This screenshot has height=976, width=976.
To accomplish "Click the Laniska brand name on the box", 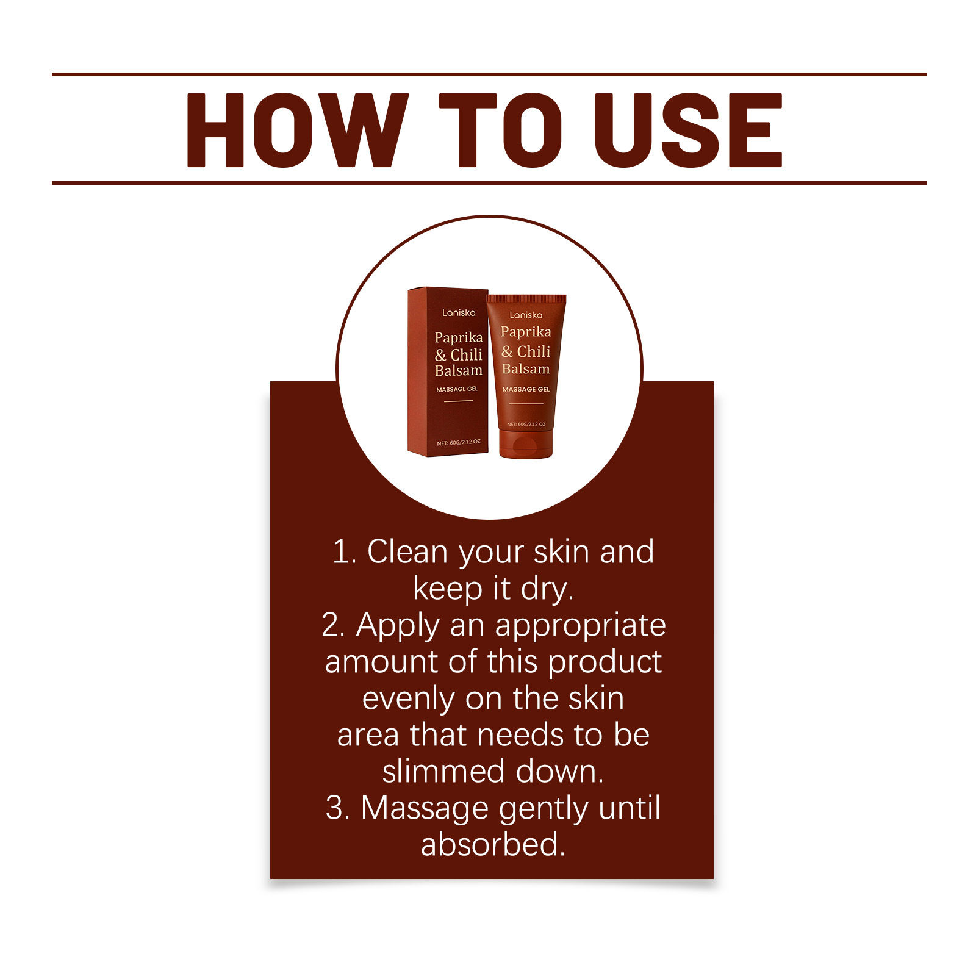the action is coord(459,312).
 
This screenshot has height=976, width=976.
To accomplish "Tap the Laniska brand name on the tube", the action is coord(526,315).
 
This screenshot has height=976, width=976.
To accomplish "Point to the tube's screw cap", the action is coord(526,444).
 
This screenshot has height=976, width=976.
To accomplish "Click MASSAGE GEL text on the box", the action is coord(457,389).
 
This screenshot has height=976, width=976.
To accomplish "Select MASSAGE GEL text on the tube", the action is coord(526,389).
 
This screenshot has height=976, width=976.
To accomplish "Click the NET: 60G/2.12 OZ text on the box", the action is coord(459,442).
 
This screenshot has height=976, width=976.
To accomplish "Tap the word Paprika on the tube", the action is coord(526,332).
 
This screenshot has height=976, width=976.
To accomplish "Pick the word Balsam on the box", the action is coord(459,370).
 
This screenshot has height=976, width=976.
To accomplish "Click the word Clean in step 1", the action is coord(407,551).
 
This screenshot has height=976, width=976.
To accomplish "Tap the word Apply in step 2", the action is coord(398,626).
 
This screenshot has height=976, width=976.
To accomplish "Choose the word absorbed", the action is coord(493,844).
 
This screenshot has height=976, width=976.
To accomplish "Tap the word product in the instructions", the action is coord(605,662).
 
